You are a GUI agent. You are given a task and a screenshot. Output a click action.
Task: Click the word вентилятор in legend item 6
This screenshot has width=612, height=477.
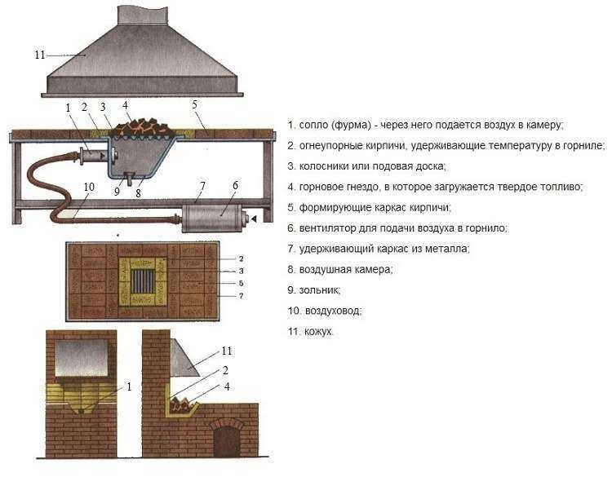[323, 228]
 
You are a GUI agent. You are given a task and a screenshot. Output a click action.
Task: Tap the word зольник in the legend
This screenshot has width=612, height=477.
[319, 290]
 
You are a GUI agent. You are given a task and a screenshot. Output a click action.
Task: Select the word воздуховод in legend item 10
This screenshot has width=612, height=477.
[333, 311]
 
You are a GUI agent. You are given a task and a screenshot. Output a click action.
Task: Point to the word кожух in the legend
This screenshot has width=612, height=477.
[318, 332]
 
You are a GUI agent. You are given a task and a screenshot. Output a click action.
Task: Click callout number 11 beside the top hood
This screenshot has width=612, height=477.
[40, 55]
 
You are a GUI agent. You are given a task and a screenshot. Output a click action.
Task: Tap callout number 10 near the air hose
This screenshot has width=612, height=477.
[89, 187]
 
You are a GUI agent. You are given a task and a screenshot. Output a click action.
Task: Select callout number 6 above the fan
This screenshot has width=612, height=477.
[235, 185]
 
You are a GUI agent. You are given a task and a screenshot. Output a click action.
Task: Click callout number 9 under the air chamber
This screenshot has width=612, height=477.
[117, 192]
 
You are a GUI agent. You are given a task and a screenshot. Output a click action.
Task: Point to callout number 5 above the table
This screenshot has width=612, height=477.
[195, 104]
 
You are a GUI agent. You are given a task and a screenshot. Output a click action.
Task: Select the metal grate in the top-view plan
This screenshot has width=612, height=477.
[143, 281]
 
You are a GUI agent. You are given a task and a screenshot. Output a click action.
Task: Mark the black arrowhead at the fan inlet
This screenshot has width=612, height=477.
[254, 219]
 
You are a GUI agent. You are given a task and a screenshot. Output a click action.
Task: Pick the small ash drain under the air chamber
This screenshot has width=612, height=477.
[128, 177]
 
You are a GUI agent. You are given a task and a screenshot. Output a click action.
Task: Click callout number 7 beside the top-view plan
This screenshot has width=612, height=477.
[242, 296]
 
